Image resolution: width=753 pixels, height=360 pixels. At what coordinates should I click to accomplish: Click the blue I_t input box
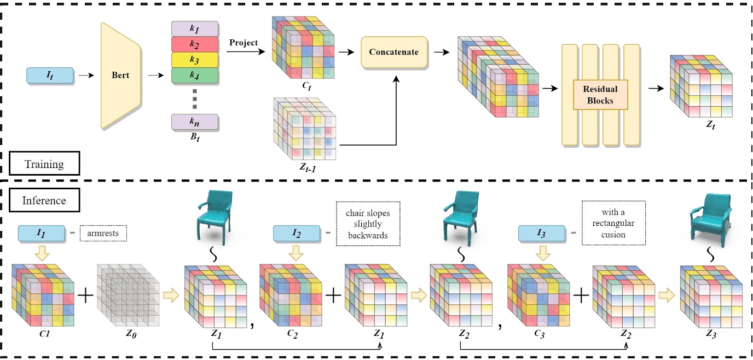click(x=50, y=75)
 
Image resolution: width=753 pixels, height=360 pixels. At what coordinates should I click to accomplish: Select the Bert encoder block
click(x=120, y=75)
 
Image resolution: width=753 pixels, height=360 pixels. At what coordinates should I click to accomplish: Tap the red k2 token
click(x=195, y=44)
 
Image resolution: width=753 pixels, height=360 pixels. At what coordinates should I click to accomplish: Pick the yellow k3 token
click(x=195, y=59)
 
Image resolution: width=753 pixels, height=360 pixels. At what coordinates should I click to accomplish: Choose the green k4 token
click(x=195, y=74)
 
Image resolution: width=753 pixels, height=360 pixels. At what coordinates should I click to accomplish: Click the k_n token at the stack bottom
click(x=195, y=121)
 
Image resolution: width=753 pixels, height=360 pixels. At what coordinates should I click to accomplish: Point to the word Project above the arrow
click(x=244, y=43)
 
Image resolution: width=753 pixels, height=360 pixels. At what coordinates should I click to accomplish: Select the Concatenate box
click(x=394, y=53)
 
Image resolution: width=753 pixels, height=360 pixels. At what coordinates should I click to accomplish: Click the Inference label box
click(x=44, y=200)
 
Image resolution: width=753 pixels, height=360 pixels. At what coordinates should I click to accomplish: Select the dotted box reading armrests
click(x=103, y=234)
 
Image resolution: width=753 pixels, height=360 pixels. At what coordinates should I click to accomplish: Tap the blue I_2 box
click(x=296, y=234)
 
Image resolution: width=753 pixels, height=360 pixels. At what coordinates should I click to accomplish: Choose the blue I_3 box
click(x=541, y=234)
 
